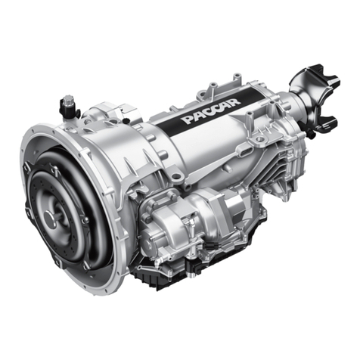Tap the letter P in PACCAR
tap(188, 119)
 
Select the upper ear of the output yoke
tap(313, 73)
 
